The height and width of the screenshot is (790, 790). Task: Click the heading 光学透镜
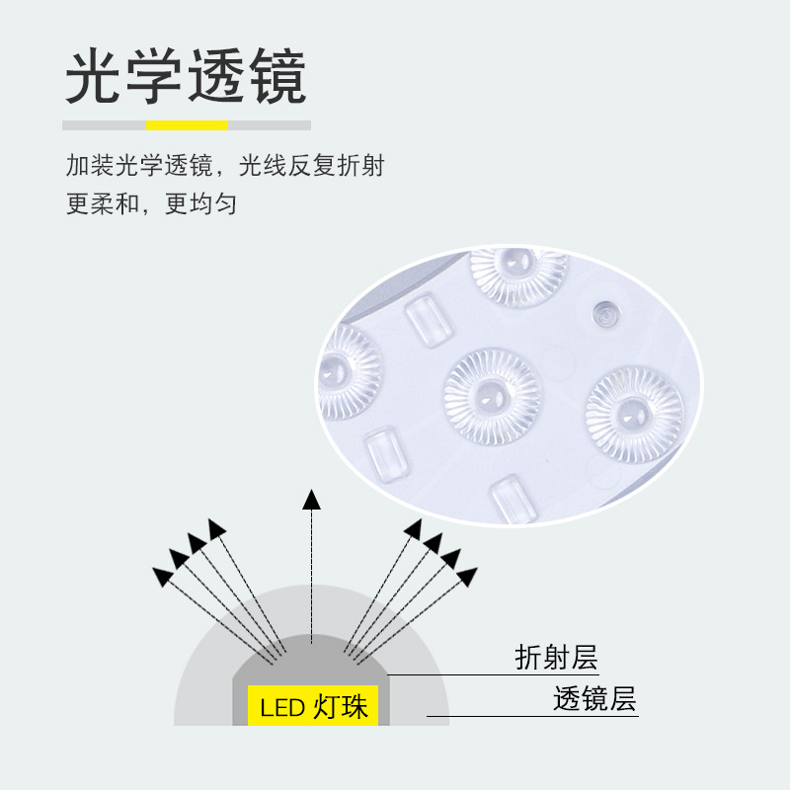[x=186, y=77]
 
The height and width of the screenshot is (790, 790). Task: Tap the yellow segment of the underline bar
[x=188, y=125]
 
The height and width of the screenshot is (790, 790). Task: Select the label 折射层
[x=556, y=657]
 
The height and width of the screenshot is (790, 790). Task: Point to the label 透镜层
[x=594, y=700]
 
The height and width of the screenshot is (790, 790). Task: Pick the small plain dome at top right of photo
[x=605, y=313]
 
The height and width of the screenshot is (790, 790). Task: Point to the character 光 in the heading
[x=94, y=77]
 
